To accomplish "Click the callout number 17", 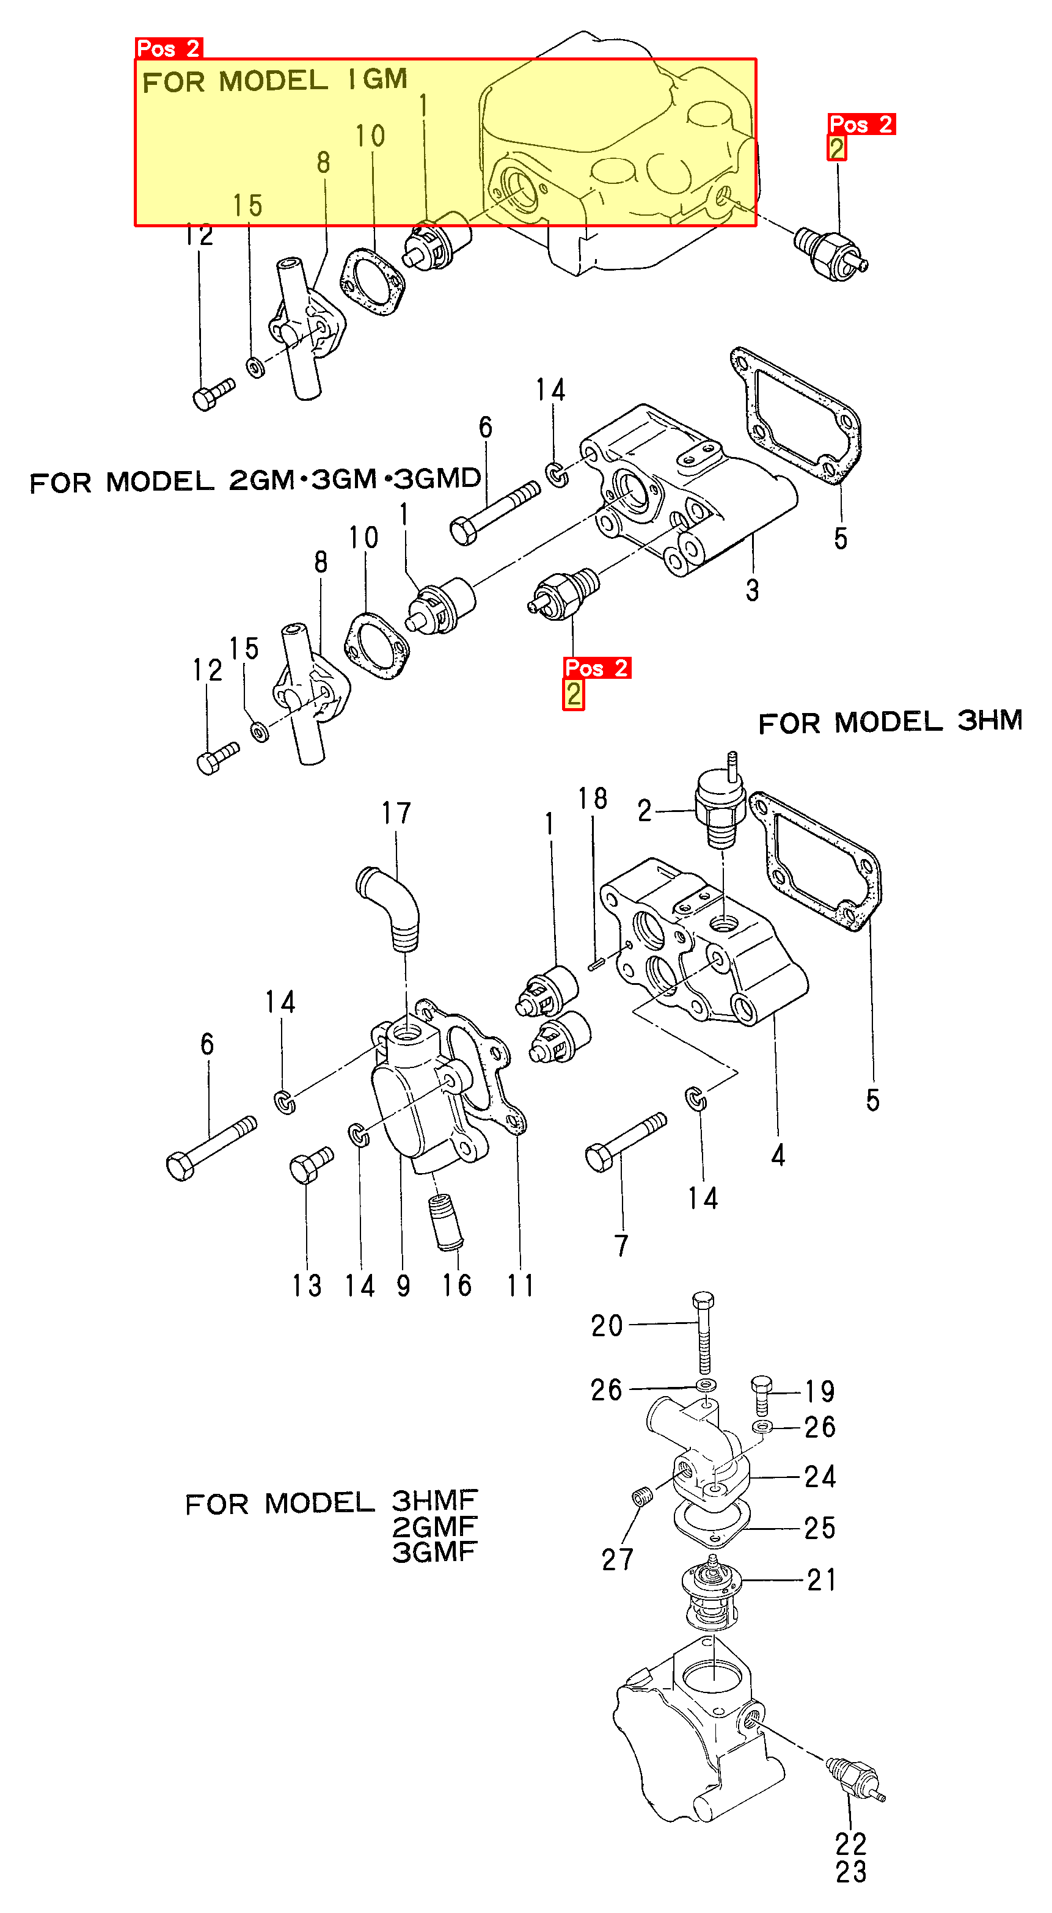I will [396, 814].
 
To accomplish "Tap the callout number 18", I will [593, 799].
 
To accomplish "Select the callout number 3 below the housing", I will [752, 590].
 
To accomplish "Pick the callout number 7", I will [621, 1245].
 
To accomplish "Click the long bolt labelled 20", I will [704, 1337].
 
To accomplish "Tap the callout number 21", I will [822, 1579].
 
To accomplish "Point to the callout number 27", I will [617, 1559].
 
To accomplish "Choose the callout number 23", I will [851, 1872].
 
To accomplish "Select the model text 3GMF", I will [434, 1551].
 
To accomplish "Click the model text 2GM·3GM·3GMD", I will [355, 479].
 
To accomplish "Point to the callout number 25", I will [820, 1527].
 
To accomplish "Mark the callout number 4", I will [778, 1155].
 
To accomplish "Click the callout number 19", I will [820, 1391].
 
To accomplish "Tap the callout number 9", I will [403, 1286].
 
